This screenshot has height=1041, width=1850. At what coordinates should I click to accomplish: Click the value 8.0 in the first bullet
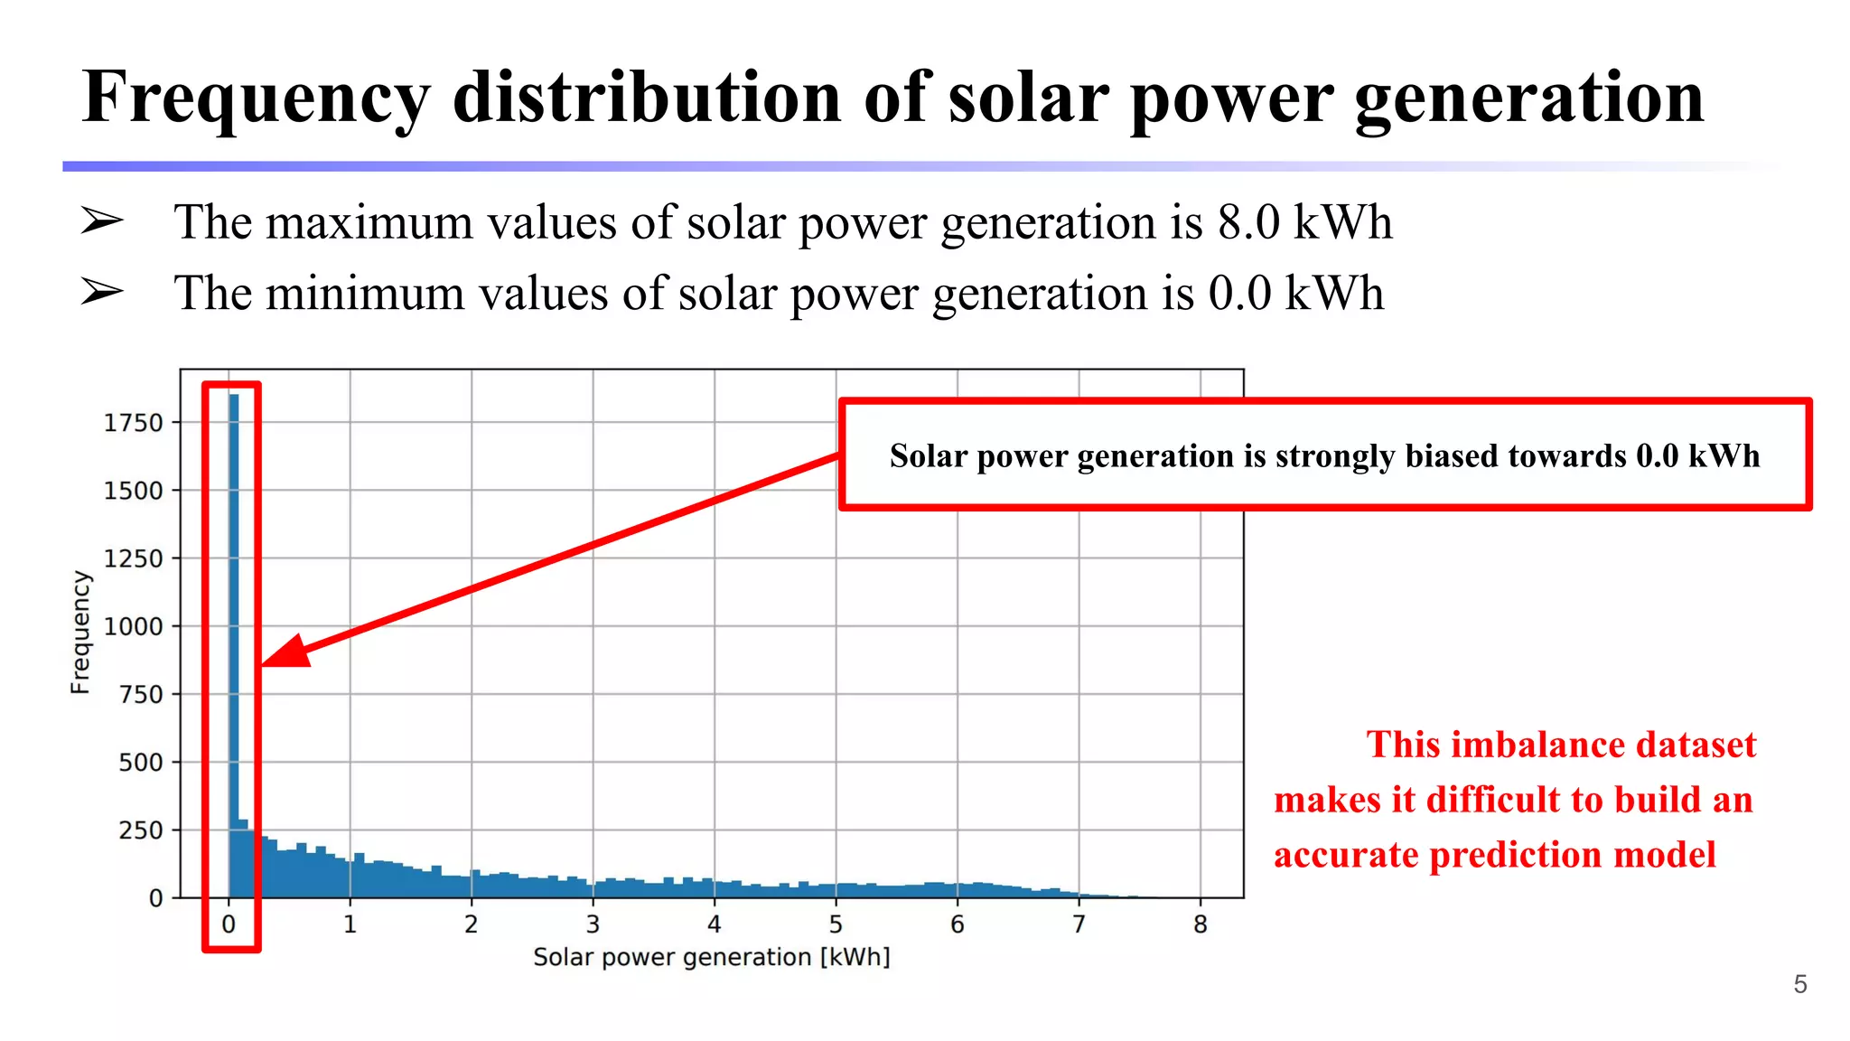pyautogui.click(x=1248, y=222)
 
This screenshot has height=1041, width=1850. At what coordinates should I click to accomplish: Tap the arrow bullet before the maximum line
pyautogui.click(x=101, y=220)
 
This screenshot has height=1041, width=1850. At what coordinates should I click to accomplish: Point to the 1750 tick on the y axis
pyautogui.click(x=133, y=423)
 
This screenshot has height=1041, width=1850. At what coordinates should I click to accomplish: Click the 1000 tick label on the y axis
pyautogui.click(x=133, y=627)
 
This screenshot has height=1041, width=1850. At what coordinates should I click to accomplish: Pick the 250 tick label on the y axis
pyautogui.click(x=140, y=830)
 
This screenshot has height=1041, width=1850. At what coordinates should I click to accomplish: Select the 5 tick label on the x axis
pyautogui.click(x=836, y=924)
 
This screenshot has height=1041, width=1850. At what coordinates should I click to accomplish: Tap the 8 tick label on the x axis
pyautogui.click(x=1200, y=924)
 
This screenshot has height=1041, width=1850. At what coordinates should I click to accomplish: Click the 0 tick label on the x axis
pyautogui.click(x=229, y=924)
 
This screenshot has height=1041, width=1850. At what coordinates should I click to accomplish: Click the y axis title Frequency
pyautogui.click(x=80, y=632)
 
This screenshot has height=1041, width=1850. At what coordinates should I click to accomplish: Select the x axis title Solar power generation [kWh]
pyautogui.click(x=711, y=957)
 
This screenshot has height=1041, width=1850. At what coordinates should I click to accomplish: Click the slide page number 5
pyautogui.click(x=1799, y=984)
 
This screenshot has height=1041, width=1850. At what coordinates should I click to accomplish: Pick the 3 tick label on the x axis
pyautogui.click(x=593, y=924)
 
